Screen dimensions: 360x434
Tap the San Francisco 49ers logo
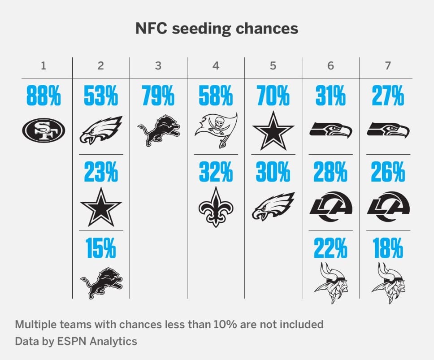click(x=43, y=130)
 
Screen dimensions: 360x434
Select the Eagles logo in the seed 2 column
click(x=101, y=130)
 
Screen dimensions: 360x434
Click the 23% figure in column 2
click(x=101, y=173)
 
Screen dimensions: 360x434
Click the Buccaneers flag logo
click(x=216, y=130)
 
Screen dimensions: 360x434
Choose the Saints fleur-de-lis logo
click(x=216, y=207)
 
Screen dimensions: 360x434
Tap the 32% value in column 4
click(x=216, y=173)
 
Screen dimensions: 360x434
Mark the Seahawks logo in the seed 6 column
click(x=330, y=130)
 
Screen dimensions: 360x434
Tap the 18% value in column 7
click(x=388, y=249)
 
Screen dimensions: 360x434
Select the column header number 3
click(x=158, y=65)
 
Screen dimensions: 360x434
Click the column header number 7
click(x=388, y=65)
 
